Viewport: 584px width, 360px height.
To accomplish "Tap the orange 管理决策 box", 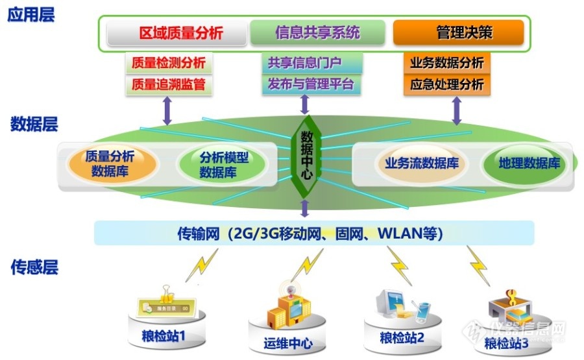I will coord(458,32).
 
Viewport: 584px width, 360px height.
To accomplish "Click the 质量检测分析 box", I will coord(168,64).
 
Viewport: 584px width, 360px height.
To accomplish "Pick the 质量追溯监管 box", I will coord(168,84).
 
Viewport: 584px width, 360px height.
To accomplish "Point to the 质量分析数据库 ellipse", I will coord(113,163).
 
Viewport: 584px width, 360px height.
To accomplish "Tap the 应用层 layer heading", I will coord(30,14).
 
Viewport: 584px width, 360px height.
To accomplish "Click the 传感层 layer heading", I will coord(34,267).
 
